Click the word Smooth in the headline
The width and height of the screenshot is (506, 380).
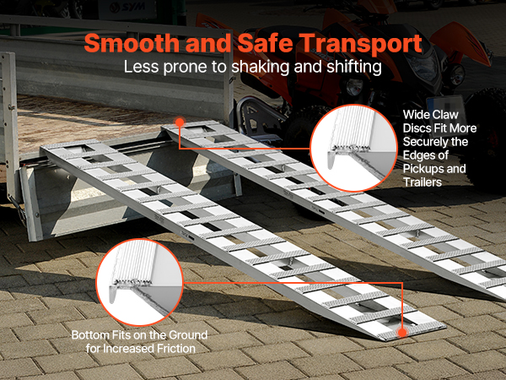click(132, 43)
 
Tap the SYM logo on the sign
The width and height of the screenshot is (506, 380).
click(126, 7)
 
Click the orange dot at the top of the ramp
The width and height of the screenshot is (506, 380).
click(180, 122)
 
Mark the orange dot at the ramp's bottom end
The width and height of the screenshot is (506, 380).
click(402, 333)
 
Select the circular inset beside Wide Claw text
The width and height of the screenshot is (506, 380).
click(353, 148)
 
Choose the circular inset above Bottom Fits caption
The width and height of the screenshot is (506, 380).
click(140, 282)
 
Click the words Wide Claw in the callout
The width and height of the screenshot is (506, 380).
click(430, 115)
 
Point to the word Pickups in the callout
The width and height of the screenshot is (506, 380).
click(423, 169)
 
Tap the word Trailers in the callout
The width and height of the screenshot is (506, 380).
click(423, 182)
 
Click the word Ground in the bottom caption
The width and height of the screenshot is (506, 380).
click(188, 335)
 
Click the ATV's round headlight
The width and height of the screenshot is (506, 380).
click(354, 87)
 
